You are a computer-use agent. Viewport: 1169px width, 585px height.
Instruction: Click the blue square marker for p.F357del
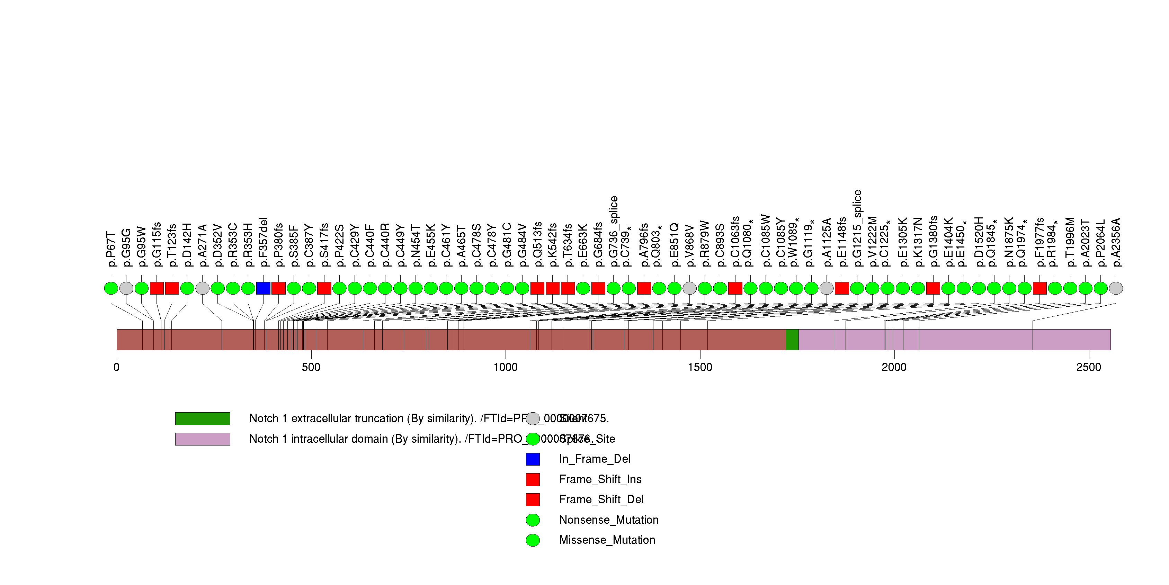(263, 288)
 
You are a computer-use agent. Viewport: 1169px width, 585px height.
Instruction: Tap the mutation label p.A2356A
(1116, 243)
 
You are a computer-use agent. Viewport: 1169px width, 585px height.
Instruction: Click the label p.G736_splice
(614, 232)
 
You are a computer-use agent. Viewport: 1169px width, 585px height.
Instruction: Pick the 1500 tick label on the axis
(700, 367)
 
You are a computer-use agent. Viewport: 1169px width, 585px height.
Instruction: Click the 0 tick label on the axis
(117, 367)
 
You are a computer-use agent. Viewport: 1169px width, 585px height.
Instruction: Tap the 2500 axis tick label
(1089, 367)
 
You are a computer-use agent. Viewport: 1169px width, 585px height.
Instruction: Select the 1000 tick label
(506, 367)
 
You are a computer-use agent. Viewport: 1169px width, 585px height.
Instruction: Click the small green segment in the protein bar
(792, 340)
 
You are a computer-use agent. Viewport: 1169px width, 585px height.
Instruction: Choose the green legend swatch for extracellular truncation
(203, 418)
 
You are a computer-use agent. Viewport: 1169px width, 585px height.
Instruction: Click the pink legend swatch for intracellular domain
(203, 439)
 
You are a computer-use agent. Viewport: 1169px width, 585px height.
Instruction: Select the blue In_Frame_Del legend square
(533, 459)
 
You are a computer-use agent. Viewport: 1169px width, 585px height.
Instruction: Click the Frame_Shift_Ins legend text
(600, 479)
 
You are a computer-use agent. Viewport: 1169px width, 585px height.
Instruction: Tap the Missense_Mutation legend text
(607, 540)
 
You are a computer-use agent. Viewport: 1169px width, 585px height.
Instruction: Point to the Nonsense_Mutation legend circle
(533, 520)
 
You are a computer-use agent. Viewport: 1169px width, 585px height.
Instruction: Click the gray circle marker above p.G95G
(126, 288)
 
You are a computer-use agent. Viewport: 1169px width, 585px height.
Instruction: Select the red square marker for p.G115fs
(157, 288)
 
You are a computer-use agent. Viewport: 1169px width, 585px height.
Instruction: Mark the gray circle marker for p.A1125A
(827, 288)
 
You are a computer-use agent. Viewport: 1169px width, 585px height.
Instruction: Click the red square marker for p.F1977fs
(1039, 288)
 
